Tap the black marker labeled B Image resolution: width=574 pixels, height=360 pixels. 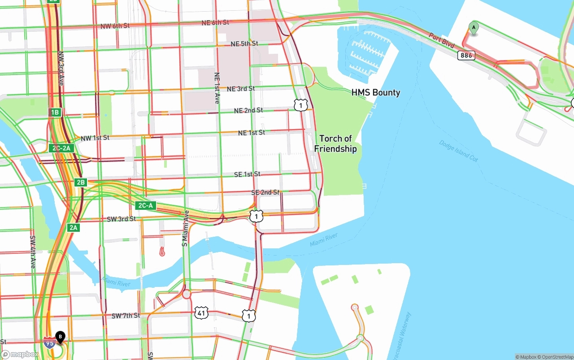[x=60, y=336]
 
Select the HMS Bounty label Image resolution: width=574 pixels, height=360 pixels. [x=375, y=93]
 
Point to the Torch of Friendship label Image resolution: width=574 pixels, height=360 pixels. [x=335, y=143]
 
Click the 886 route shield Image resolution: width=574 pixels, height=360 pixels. [x=466, y=55]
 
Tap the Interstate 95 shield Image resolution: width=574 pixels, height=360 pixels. [x=50, y=343]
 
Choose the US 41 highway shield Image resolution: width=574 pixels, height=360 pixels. [x=201, y=313]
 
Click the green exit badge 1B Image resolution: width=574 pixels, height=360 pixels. [x=55, y=113]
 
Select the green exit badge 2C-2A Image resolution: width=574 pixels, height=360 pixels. [x=61, y=148]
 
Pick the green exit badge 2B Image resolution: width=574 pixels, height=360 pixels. [x=80, y=182]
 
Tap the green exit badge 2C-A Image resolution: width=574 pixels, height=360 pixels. [x=145, y=206]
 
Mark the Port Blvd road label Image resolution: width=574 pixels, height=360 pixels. [x=441, y=40]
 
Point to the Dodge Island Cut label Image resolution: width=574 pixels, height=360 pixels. [x=458, y=150]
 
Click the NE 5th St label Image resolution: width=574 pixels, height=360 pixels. [x=244, y=44]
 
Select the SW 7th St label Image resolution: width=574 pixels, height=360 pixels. [x=126, y=316]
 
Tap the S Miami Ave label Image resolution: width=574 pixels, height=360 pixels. [x=185, y=228]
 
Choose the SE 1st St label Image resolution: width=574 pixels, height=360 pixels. [x=247, y=174]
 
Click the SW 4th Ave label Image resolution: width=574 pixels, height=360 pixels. [x=33, y=252]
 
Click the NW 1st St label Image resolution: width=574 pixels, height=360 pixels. [x=95, y=138]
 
